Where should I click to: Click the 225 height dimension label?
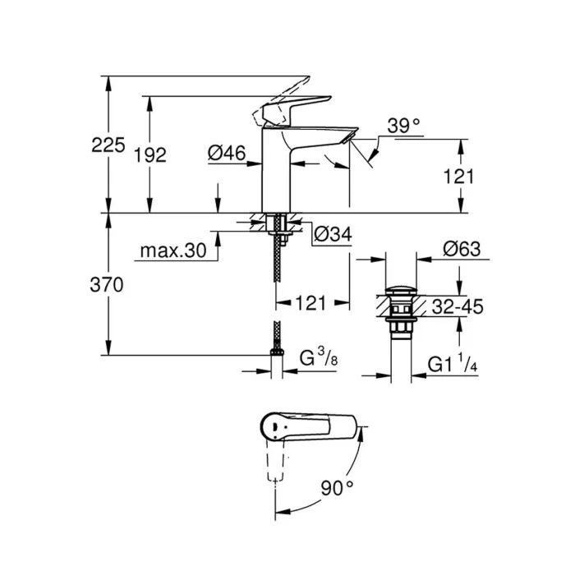[x=108, y=145]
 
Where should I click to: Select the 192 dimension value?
[x=150, y=154]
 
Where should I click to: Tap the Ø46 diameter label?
[x=226, y=152]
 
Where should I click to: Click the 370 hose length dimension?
[x=108, y=285]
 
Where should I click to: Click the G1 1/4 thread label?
[x=453, y=364]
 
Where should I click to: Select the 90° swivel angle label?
[x=337, y=488]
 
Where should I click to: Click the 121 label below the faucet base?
[x=311, y=302]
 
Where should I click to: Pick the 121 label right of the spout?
[x=460, y=176]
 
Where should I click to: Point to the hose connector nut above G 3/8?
[x=277, y=353]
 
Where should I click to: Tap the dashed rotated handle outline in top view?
[x=276, y=467]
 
